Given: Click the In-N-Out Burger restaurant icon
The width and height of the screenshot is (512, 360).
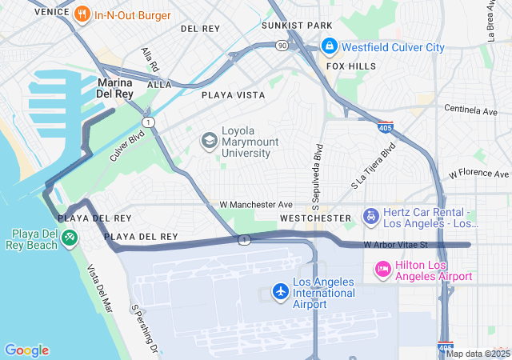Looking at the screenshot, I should point(82,14).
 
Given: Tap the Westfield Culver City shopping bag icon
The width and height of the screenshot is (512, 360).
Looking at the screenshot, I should point(328,47).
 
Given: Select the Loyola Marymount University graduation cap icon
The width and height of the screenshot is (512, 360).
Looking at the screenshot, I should point(209,142).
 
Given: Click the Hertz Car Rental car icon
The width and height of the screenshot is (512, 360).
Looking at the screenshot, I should point(370,216).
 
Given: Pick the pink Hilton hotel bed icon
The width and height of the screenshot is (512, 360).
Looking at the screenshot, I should point(382,270).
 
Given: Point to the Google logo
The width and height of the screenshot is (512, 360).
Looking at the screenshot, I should point(26,350).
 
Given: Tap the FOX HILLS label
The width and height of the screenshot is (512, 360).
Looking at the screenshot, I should point(350,66).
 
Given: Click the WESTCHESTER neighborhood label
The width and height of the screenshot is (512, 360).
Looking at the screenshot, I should point(315,218).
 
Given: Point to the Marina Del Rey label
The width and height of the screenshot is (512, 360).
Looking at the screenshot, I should point(114,88).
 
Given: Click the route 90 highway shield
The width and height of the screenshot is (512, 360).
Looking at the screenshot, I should point(282,46).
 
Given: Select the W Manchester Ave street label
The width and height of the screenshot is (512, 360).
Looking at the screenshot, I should point(256,205).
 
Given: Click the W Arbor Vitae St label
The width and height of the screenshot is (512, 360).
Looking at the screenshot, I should point(396,245).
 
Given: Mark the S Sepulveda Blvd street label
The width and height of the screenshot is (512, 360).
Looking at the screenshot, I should point(318,171).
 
